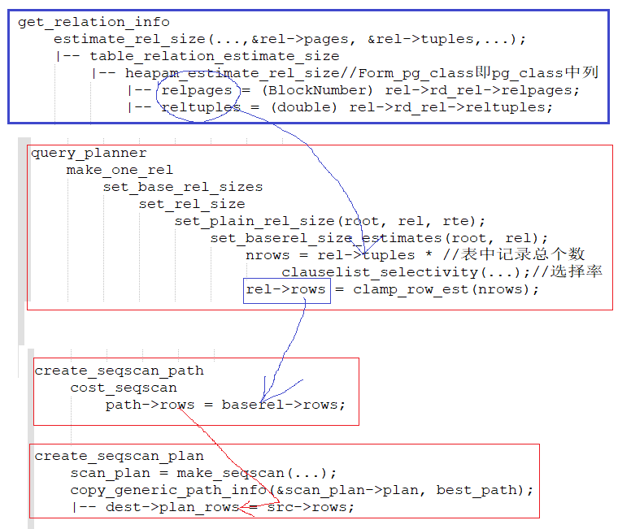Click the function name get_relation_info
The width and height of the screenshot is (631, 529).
click(x=94, y=22)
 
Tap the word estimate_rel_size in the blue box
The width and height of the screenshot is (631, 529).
click(x=130, y=39)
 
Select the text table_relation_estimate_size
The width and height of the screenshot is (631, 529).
click(x=214, y=56)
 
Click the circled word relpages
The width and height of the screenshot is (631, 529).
click(x=197, y=90)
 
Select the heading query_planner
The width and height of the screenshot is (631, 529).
click(x=89, y=153)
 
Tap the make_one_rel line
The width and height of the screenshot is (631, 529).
click(x=120, y=170)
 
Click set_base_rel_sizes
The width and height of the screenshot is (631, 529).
click(x=182, y=187)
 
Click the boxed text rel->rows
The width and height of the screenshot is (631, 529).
click(x=285, y=289)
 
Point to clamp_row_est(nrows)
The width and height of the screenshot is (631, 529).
click(x=446, y=289)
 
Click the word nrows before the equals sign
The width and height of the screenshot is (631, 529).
click(x=268, y=255)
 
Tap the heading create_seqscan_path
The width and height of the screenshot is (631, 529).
click(x=119, y=371)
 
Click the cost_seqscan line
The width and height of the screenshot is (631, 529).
click(x=124, y=388)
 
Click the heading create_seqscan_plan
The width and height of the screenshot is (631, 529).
click(x=119, y=456)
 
